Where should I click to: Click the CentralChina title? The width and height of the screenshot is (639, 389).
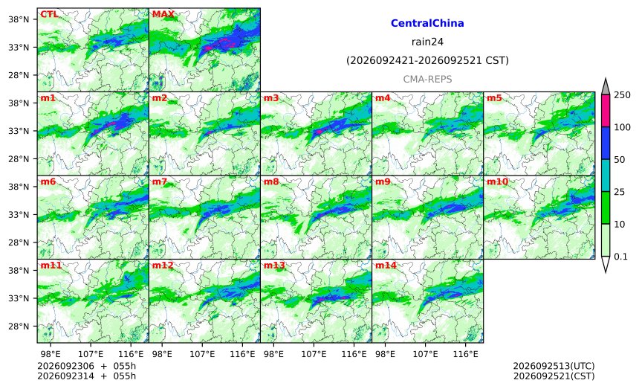point(427,23)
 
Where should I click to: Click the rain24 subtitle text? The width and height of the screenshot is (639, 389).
point(427,42)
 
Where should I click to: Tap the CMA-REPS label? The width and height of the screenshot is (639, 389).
point(427,79)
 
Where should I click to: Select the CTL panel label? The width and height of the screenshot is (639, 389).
point(49,14)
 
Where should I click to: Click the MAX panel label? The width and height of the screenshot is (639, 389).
point(163,14)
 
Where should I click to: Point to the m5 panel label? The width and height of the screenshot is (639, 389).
point(494,98)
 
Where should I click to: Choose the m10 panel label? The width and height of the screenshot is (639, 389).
point(497,181)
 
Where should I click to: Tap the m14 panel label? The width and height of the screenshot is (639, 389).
point(386,266)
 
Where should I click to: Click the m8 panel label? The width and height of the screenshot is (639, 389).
point(271,181)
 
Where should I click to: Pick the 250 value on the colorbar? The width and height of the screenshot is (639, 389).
point(623,95)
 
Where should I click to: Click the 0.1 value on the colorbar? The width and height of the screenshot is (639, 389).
point(620,257)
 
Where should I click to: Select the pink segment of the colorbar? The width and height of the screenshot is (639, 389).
point(606,111)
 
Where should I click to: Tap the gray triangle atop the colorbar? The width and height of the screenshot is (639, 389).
point(606,86)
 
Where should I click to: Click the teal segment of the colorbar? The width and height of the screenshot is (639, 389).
point(606,176)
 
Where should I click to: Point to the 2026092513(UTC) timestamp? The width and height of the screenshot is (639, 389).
point(554,366)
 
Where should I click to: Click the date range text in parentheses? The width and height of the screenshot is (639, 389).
point(427,60)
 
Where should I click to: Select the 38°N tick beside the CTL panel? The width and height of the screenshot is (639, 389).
point(19,19)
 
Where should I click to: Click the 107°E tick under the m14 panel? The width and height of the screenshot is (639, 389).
point(426,354)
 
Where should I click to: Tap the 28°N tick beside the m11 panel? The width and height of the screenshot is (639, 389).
point(19,327)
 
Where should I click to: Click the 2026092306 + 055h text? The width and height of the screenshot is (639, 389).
point(86,366)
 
